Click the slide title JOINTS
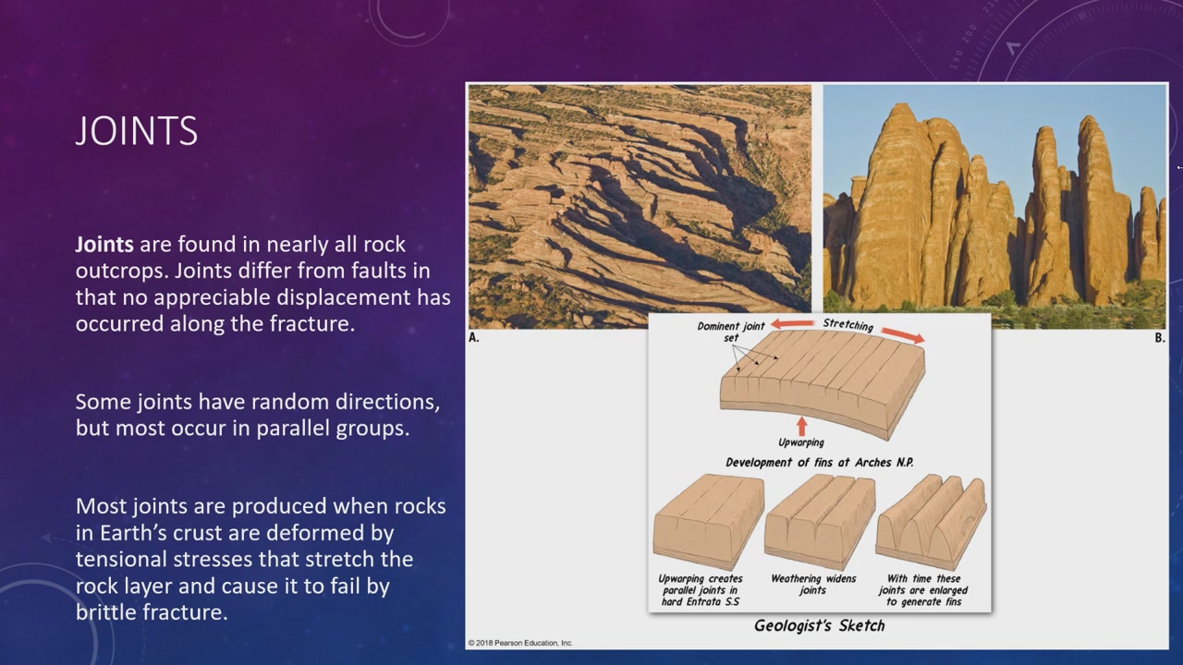[137, 130]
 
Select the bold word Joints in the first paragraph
[104, 245]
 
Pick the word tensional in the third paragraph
[120, 559]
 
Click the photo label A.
[474, 338]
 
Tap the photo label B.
[1159, 338]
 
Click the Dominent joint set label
[731, 332]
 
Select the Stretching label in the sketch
[848, 324]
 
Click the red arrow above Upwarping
[801, 426]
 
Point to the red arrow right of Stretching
[902, 334]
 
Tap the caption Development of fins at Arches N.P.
[819, 463]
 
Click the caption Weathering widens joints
[813, 585]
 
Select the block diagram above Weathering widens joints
[820, 521]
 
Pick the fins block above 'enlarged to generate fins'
[931, 521]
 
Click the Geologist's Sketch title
[819, 626]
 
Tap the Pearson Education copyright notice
[520, 643]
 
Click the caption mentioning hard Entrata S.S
[701, 590]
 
